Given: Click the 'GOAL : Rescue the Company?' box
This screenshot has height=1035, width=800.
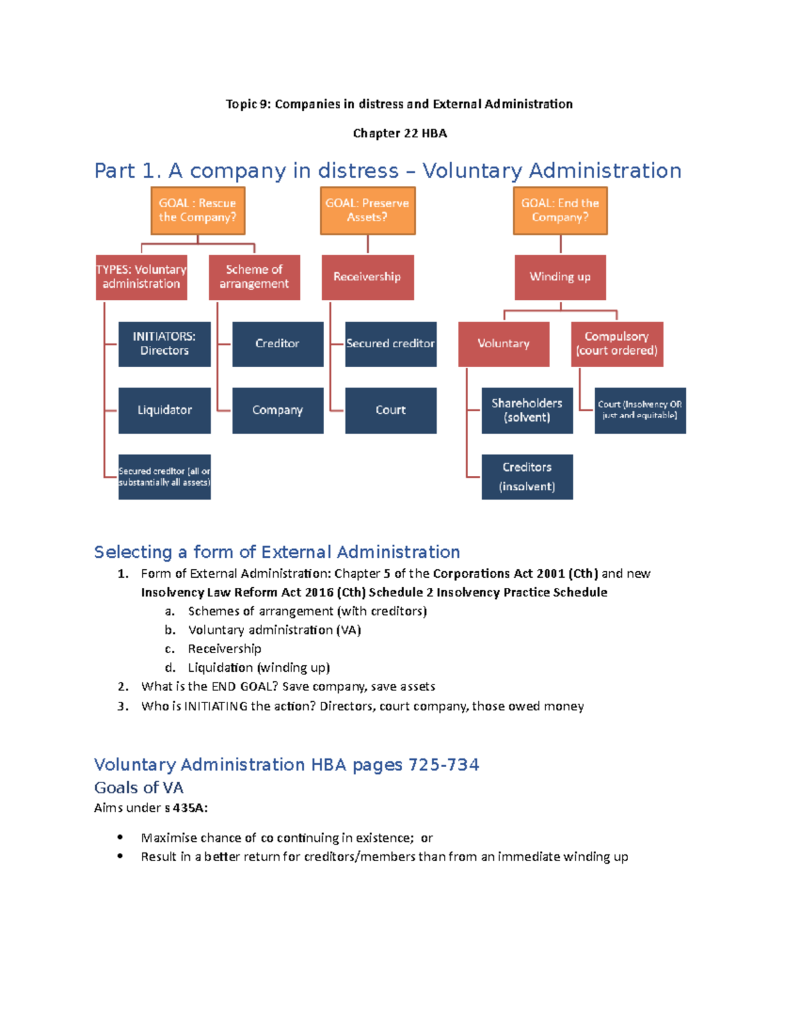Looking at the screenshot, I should (x=197, y=211).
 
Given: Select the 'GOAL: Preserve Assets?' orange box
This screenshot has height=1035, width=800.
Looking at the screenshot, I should (x=367, y=211).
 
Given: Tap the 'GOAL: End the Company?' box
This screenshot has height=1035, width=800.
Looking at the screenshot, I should (x=560, y=211).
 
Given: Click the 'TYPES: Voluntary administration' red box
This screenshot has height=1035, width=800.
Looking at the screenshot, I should (x=141, y=277).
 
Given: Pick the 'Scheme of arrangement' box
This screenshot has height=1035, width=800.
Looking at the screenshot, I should (x=254, y=277).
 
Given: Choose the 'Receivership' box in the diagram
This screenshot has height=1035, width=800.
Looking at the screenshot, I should (x=367, y=277).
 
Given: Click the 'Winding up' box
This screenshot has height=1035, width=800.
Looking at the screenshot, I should (x=560, y=277).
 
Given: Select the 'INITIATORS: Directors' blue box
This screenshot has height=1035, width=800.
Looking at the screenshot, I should (x=164, y=344).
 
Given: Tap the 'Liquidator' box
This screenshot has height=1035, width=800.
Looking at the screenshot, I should (x=164, y=411).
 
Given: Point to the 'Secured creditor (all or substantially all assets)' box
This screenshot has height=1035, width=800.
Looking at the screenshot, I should (x=164, y=477).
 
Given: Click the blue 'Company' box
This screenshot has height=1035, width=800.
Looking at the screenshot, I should (x=277, y=411).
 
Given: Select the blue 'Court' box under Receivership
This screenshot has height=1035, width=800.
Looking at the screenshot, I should (x=391, y=411).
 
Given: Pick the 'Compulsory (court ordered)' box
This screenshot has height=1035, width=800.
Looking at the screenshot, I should (x=617, y=344).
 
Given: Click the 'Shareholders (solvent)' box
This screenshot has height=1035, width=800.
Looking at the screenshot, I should (x=527, y=411).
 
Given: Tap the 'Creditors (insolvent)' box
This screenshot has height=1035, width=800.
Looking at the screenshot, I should (x=527, y=477).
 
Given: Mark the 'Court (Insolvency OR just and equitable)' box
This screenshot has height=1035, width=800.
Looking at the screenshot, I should (x=640, y=411).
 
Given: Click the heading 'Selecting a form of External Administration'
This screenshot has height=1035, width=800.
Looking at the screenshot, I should (x=277, y=552).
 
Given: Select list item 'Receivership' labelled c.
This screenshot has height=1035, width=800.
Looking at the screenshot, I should (x=224, y=648).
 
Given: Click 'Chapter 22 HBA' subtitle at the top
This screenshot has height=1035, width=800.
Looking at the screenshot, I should (x=399, y=133).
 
